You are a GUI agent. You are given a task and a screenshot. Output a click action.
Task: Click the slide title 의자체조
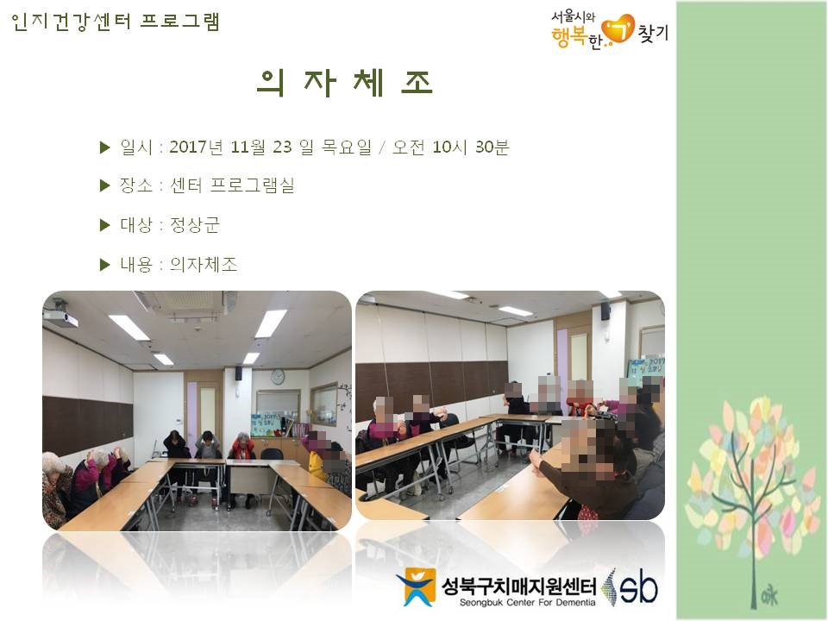click(x=344, y=83)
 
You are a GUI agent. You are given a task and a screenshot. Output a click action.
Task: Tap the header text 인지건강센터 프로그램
click(x=115, y=22)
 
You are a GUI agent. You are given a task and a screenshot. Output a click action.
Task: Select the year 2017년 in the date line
click(x=197, y=147)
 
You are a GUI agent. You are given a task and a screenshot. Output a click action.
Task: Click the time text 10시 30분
click(x=471, y=147)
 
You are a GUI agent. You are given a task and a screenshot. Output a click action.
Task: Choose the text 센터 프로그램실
click(x=232, y=185)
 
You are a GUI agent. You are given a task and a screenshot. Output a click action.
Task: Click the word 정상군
click(x=194, y=225)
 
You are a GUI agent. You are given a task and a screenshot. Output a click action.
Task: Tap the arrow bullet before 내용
click(x=104, y=265)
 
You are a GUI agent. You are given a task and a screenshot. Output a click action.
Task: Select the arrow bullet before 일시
click(x=104, y=147)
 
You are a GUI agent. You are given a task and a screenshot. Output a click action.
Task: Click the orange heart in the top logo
click(x=618, y=29)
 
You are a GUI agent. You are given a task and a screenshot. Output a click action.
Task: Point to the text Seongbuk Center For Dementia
click(x=527, y=603)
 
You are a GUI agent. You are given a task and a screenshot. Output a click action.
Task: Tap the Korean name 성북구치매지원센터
click(x=519, y=586)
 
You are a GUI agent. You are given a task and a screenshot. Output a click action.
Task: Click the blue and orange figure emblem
click(x=417, y=586)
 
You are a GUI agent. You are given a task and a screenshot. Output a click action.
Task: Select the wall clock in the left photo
click(x=278, y=377)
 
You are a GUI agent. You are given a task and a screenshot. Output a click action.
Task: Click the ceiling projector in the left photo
click(x=60, y=316)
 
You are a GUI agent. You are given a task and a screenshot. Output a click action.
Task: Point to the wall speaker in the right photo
click(x=605, y=311)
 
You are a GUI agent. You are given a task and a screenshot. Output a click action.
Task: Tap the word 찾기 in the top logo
click(x=653, y=33)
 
